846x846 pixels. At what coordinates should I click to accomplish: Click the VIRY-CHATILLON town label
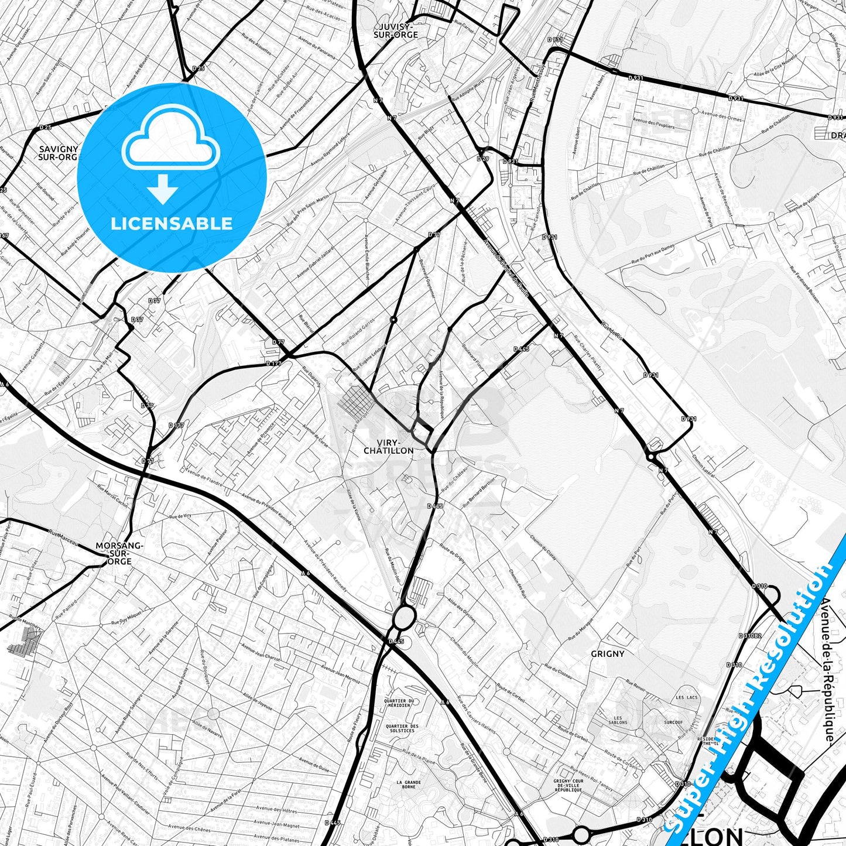[x=388, y=446]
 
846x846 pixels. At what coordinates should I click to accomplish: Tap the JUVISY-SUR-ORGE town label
[x=396, y=30]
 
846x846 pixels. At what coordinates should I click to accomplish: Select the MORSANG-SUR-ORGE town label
[x=119, y=553]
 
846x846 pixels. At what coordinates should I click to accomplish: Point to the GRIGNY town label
[x=607, y=653]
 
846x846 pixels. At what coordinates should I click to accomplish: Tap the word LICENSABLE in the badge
[x=172, y=223]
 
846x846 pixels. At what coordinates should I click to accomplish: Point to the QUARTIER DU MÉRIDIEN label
[x=399, y=703]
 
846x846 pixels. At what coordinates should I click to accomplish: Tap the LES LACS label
[x=687, y=697]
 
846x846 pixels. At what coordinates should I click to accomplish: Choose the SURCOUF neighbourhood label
[x=673, y=722]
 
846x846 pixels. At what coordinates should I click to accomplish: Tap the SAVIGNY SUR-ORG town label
[x=57, y=153]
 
